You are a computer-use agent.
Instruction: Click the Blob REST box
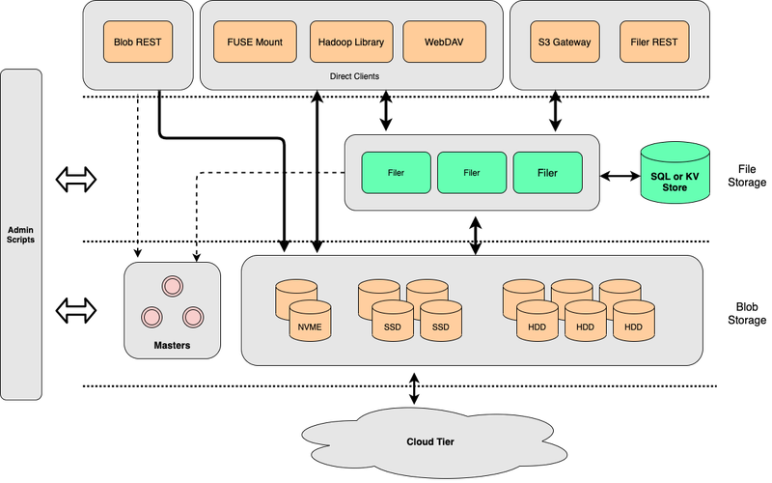pos(137,43)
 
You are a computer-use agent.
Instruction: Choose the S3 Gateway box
pos(565,43)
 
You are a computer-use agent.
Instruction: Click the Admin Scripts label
pos(21,234)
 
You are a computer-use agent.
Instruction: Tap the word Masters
pos(172,345)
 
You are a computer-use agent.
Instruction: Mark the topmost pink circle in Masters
pos(173,285)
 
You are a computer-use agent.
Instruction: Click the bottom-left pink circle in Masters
pos(152,316)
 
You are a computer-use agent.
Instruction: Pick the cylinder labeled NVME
pos(310,323)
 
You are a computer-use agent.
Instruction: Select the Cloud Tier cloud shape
pos(429,441)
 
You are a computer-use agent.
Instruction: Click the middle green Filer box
pos(472,173)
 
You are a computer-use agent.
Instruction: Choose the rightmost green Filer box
pos(547,173)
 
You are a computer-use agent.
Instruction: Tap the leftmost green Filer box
pos(396,173)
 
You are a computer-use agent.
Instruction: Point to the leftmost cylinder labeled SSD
pos(392,323)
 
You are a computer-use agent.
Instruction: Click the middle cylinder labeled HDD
pos(586,323)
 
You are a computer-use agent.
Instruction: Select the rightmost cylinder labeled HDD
pos(634,323)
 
